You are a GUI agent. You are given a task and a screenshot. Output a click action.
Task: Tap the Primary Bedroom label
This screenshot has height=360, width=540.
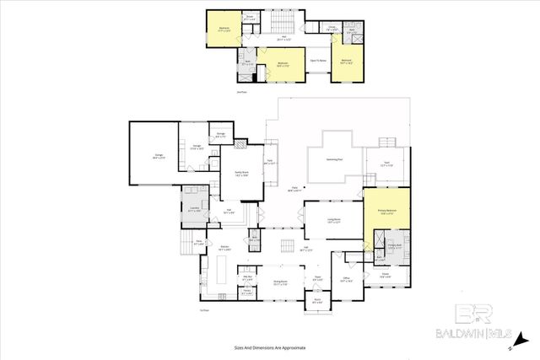pos(387,212)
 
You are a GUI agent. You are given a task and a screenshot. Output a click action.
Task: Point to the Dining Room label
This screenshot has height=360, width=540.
pos(282,284)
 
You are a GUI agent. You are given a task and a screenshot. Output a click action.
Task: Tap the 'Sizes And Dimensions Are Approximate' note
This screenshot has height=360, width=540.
pos(269,347)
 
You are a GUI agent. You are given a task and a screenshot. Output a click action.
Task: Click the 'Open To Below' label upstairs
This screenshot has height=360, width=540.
pos(319,61)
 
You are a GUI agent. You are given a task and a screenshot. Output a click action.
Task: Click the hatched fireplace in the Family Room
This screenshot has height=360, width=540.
pos(242,145)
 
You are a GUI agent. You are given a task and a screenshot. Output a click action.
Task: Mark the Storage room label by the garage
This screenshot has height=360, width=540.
pos(220,134)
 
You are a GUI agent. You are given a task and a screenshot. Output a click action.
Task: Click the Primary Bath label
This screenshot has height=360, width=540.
pos(395,247)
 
